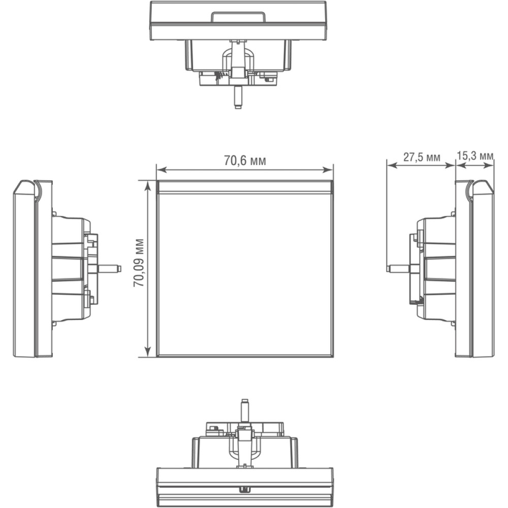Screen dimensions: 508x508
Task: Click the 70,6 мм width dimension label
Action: (245, 161)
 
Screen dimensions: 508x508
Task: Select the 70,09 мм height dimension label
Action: (139, 263)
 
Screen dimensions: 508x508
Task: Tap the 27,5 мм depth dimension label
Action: (422, 157)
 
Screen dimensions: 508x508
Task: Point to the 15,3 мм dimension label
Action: (475, 156)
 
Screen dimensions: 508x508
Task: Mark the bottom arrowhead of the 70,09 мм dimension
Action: (148, 352)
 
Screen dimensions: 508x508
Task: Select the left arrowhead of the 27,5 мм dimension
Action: (392, 165)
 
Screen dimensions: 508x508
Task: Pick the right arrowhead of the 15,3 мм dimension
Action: (489, 165)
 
